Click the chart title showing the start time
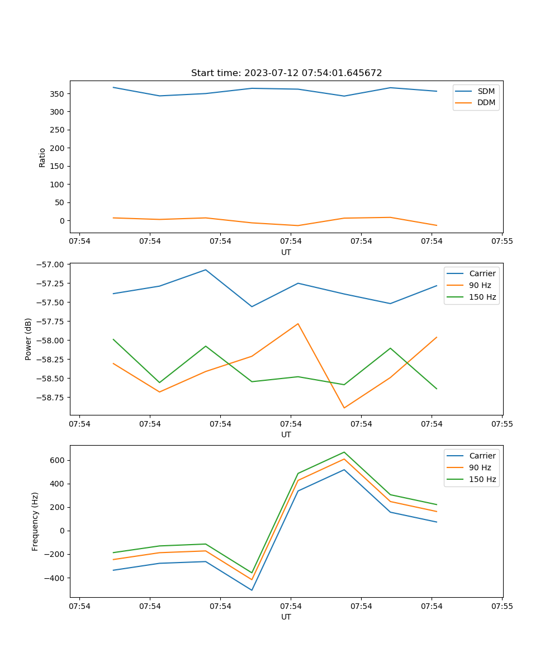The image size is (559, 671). (286, 73)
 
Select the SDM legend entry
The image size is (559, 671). (486, 91)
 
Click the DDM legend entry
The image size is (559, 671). (486, 102)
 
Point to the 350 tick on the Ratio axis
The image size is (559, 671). (56, 93)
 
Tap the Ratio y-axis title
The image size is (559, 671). (42, 157)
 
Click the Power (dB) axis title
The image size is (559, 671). (29, 339)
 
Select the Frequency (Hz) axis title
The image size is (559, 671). (35, 522)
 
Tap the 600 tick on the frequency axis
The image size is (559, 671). (56, 460)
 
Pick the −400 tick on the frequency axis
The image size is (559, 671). (54, 578)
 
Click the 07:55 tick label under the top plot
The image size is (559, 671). (502, 242)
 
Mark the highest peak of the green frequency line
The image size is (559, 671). (344, 452)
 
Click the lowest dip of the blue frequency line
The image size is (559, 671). (252, 590)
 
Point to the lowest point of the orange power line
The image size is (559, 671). (344, 408)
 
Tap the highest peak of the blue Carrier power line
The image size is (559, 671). (205, 270)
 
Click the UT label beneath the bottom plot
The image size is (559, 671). (286, 617)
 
